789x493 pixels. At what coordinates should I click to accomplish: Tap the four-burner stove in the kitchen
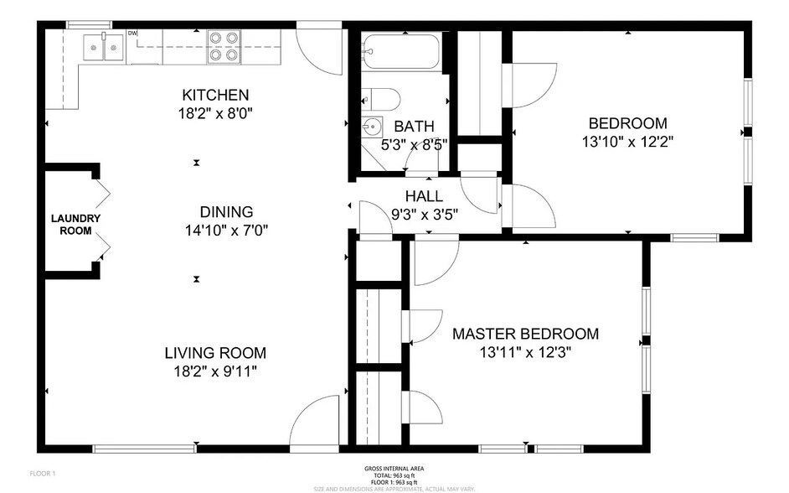click(x=224, y=46)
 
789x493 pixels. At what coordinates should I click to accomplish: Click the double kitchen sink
click(x=102, y=47)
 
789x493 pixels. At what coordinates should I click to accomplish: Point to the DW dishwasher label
click(x=132, y=34)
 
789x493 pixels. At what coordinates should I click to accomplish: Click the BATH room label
click(x=415, y=127)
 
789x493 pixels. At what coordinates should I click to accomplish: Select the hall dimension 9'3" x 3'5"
click(x=425, y=213)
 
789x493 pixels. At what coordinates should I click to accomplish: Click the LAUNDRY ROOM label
click(x=75, y=225)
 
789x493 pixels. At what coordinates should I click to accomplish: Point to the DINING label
click(x=226, y=212)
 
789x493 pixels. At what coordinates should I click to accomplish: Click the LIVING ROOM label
click(x=215, y=353)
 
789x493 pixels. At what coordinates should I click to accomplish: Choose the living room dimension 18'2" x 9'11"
click(x=215, y=371)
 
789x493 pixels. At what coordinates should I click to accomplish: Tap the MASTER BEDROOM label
click(x=525, y=334)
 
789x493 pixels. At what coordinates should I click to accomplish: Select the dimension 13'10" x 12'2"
click(x=627, y=142)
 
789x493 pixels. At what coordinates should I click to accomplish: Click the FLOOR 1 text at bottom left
click(x=42, y=474)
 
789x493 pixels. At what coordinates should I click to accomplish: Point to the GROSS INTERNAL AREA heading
click(x=394, y=468)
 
